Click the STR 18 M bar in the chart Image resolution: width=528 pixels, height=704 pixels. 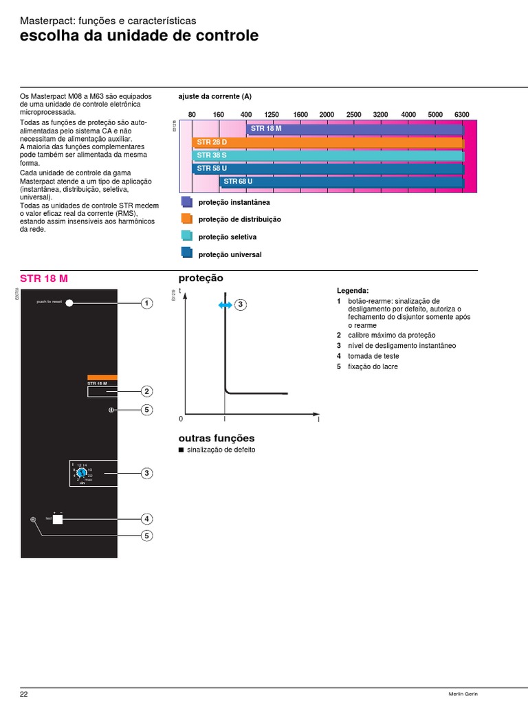click(x=354, y=129)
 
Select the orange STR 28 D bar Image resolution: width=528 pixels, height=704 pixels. click(x=327, y=142)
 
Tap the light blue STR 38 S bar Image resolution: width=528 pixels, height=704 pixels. click(x=327, y=155)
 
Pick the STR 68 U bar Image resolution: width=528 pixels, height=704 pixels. click(x=341, y=181)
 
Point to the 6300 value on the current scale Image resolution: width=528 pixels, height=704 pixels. click(x=461, y=114)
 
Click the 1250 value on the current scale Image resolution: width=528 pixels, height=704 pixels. click(x=272, y=114)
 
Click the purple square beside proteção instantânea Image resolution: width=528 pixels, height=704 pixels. click(x=186, y=201)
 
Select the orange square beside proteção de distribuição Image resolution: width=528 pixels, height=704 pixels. click(x=186, y=218)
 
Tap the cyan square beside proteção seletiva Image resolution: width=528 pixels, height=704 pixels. click(x=186, y=235)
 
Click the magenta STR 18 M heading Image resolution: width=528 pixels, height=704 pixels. click(x=44, y=278)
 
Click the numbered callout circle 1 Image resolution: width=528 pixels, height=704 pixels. click(x=146, y=303)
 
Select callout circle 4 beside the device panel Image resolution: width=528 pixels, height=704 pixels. click(x=146, y=518)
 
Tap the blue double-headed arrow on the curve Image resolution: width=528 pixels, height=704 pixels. click(x=225, y=305)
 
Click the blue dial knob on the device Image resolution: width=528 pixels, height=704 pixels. click(x=80, y=473)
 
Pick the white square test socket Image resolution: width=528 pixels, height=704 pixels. click(x=58, y=519)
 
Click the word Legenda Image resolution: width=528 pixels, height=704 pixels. click(x=353, y=291)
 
